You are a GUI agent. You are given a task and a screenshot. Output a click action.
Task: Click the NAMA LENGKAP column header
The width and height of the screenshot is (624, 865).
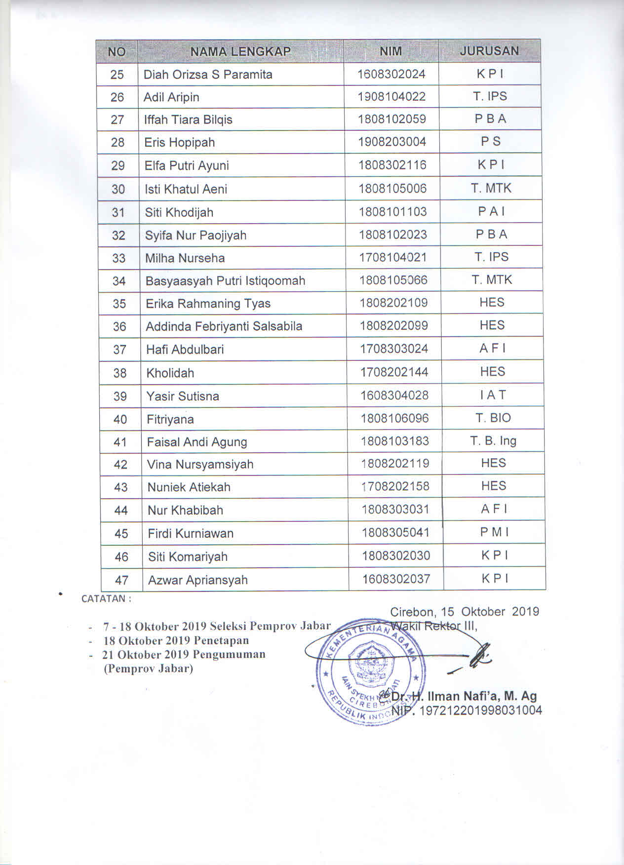coord(240,51)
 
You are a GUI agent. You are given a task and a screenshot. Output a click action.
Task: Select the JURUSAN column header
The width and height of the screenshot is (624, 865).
coord(489,51)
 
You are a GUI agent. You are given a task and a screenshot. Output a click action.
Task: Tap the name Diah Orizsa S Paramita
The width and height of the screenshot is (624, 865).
coord(208,75)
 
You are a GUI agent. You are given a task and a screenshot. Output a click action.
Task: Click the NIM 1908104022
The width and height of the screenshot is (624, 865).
coord(391,96)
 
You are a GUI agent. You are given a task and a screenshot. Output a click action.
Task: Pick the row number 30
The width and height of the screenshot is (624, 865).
coord(118,189)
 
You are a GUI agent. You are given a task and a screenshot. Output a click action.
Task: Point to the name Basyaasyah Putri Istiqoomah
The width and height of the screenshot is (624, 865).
coord(225,281)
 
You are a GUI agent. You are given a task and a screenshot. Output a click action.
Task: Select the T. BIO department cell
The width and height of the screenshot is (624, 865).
coord(493,418)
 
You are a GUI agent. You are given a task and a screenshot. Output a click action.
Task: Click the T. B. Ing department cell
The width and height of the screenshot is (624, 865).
coord(493,441)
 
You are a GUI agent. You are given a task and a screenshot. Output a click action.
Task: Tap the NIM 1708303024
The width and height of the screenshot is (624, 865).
coord(394,349)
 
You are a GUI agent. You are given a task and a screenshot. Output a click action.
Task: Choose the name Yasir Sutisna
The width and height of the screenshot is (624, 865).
coord(183,396)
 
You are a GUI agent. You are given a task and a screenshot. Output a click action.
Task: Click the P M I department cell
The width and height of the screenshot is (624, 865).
coord(494,532)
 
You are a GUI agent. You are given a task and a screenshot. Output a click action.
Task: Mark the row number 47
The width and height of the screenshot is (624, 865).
coord(121,580)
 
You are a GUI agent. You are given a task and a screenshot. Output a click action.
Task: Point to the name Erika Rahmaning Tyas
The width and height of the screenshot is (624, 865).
coord(208,304)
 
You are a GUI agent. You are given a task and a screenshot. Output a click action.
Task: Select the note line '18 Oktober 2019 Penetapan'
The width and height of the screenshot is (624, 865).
coord(176,641)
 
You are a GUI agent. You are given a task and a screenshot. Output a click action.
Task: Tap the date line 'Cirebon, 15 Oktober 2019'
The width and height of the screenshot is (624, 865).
coord(464,612)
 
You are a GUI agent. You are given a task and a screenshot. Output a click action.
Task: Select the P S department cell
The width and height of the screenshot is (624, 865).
coord(490,142)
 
